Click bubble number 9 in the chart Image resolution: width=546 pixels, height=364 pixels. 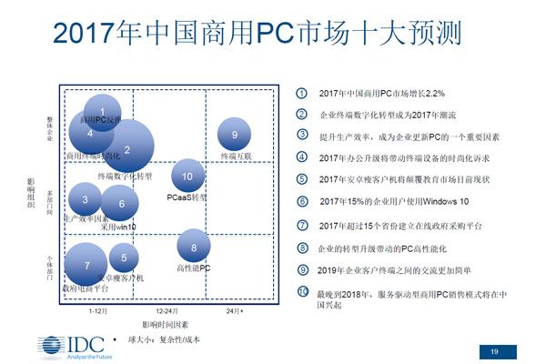coord(235,135)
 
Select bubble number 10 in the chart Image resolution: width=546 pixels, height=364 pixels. coord(187,176)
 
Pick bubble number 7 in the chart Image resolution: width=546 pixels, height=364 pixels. coord(86,265)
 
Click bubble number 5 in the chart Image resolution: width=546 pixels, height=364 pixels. coord(124,259)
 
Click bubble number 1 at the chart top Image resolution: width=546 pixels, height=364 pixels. coord(102,111)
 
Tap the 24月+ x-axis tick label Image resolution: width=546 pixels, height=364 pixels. coord(235,311)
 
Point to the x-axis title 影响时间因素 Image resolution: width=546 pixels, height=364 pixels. coord(165,324)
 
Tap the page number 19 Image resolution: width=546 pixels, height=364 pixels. coord(494,352)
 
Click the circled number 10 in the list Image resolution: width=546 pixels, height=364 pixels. coord(304,292)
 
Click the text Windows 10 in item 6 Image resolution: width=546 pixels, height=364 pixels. coord(445,201)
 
